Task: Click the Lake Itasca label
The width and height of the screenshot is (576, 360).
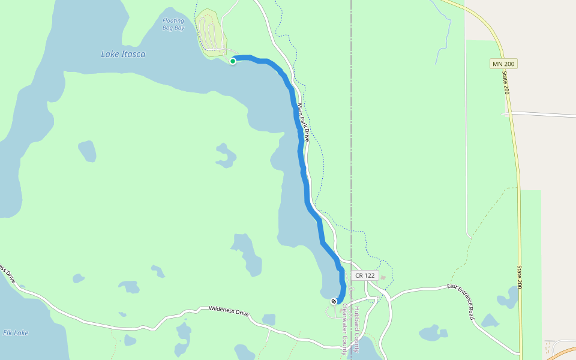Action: point(123,54)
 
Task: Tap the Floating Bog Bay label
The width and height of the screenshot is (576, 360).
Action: point(173,24)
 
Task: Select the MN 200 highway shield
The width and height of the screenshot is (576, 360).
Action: point(503,64)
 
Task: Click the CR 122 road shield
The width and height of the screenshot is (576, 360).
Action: point(365,275)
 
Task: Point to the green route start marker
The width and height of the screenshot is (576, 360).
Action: point(233,61)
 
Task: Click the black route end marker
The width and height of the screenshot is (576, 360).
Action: point(334,301)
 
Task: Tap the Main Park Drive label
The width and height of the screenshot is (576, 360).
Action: point(303,122)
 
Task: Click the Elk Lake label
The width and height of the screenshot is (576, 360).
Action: point(16,333)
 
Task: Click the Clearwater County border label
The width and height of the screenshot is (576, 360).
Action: point(345,329)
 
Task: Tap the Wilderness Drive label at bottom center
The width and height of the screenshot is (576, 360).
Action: point(229,311)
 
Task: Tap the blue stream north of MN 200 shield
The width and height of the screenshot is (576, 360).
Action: point(444,36)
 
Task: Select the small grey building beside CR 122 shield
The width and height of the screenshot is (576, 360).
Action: point(383,277)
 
